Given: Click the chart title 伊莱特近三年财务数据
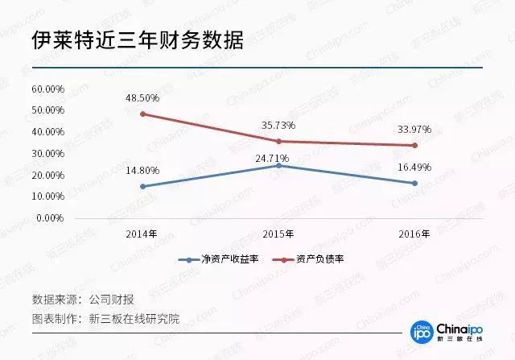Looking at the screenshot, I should coord(138,41).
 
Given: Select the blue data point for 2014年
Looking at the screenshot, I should coord(142,186).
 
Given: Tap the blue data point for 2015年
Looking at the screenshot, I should coord(278,164).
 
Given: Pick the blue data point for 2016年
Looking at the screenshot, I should coord(414,183).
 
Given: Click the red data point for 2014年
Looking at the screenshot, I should coord(142,114).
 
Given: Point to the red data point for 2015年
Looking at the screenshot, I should coord(278,141).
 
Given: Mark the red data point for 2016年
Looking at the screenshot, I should coord(414,145).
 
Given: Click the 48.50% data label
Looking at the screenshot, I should coord(142,97).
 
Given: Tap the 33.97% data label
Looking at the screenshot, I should coord(414,129).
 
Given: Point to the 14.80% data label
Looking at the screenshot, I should coord(142,170).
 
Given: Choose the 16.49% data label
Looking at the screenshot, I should coord(414,167).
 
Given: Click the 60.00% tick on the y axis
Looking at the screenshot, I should coord(48,88).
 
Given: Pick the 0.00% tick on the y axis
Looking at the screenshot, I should coord(51,217).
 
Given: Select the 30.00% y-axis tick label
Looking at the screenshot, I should coord(48,153).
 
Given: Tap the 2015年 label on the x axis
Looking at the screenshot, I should coord(278,234).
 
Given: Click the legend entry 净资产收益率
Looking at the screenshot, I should coord(220,259).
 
